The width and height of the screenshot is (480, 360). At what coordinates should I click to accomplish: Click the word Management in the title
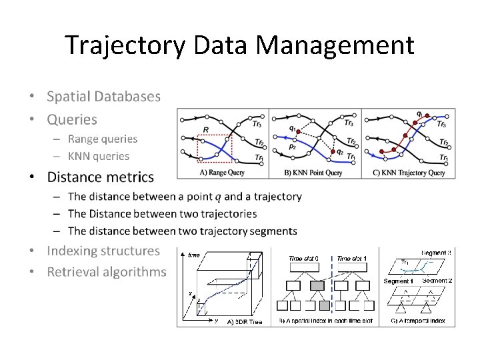[335, 45]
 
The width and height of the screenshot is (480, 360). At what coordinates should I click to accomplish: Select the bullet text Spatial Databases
[103, 96]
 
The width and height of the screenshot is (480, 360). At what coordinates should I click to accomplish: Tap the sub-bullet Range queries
[102, 139]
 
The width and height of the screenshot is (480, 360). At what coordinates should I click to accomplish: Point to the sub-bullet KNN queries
[99, 156]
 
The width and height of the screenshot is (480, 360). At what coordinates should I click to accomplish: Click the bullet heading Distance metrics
[100, 177]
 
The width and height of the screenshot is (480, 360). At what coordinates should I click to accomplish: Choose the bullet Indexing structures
[103, 251]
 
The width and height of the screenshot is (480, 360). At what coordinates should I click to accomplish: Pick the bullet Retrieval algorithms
[106, 272]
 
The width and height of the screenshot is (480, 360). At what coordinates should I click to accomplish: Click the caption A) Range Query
[222, 173]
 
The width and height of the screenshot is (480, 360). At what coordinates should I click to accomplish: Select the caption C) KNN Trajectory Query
[409, 173]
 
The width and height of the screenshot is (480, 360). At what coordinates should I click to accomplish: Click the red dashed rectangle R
[215, 147]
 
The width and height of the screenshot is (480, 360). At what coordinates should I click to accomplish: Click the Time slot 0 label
[304, 259]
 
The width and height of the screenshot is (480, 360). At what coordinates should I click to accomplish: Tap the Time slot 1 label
[352, 259]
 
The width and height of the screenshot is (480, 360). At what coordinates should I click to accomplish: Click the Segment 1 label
[399, 281]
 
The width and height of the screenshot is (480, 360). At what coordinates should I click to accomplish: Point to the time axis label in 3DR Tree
[193, 255]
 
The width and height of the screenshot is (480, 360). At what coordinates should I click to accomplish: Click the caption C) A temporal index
[417, 321]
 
